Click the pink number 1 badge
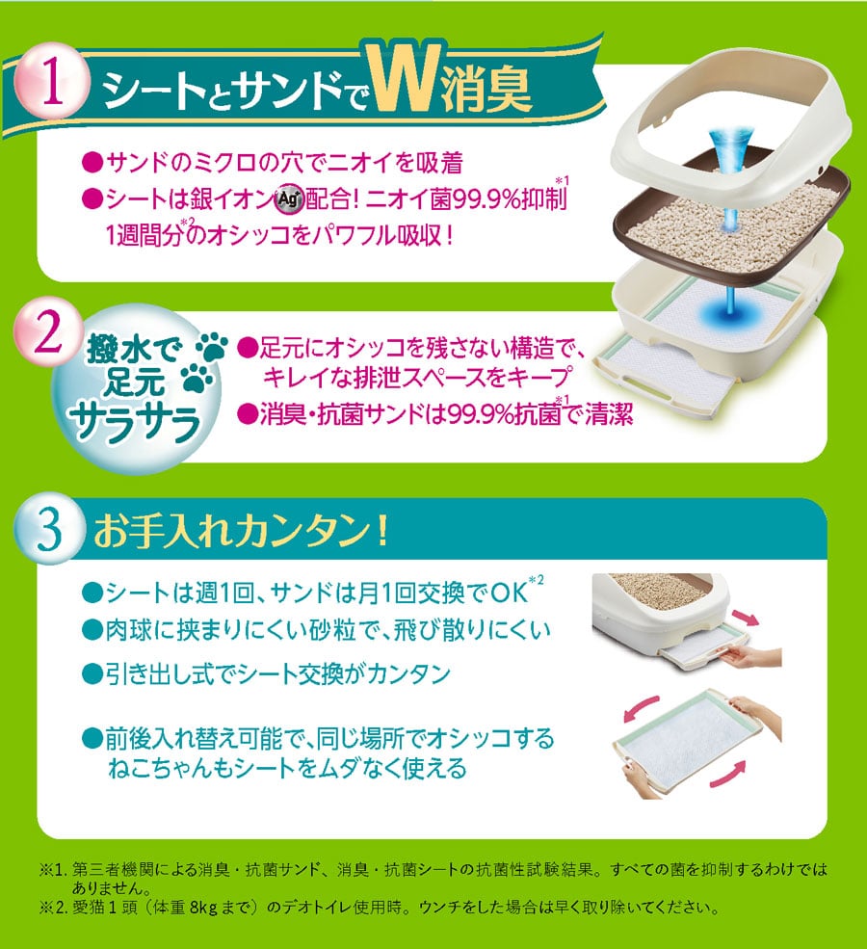tap(51, 81)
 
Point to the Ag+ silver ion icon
tap(289, 198)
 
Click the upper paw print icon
tap(211, 346)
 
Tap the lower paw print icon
tap(197, 380)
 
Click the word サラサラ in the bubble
tap(134, 423)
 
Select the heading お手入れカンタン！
tap(240, 530)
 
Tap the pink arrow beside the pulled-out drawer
tap(745, 619)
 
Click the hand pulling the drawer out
tap(754, 658)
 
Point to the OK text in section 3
tap(509, 593)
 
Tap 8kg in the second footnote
tap(203, 908)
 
